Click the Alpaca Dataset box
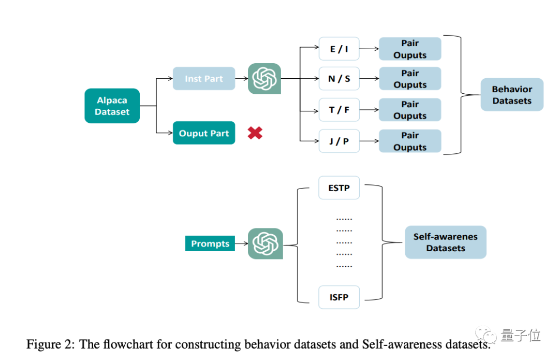112,106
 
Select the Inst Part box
203,79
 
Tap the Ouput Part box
203,133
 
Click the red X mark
255,133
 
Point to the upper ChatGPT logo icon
264,79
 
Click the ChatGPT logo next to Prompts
265,243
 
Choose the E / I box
339,49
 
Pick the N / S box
339,79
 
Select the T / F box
339,110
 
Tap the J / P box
339,141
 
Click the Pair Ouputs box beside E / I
410,49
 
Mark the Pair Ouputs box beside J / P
410,141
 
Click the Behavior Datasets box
511,95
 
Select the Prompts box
210,243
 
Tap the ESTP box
339,188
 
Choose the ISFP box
339,297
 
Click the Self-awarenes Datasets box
445,242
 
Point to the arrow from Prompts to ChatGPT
241,243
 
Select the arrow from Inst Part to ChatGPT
241,79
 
